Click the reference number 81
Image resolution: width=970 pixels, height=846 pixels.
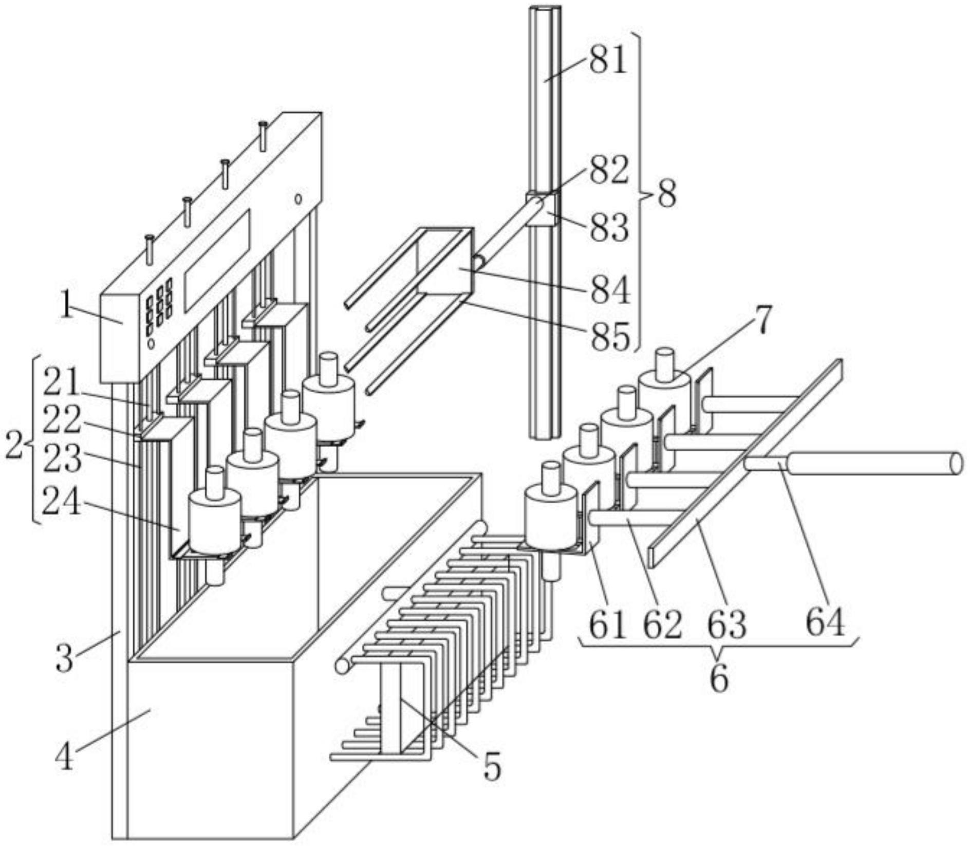(x=608, y=61)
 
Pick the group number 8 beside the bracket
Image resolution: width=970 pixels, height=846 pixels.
(x=666, y=195)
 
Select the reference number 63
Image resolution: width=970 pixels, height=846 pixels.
(x=727, y=624)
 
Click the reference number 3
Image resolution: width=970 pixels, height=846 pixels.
(x=65, y=658)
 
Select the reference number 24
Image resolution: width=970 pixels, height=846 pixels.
(x=61, y=502)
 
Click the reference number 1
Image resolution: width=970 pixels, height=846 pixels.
(x=65, y=308)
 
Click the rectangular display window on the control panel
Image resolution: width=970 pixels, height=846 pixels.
(x=216, y=260)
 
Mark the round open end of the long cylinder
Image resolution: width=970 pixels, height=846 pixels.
(x=955, y=463)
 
